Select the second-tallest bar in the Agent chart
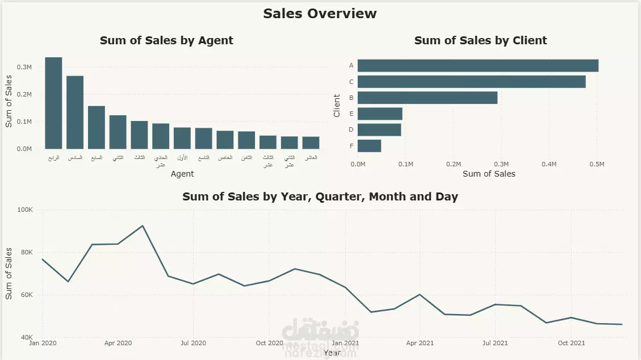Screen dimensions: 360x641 pyautogui.click(x=75, y=112)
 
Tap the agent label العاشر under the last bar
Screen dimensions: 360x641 pyautogui.click(x=311, y=157)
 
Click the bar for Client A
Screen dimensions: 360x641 pyautogui.click(x=478, y=66)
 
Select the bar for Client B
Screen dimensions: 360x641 pyautogui.click(x=428, y=98)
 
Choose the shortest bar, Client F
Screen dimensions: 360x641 pyautogui.click(x=370, y=146)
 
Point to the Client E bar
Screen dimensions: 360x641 pyautogui.click(x=380, y=114)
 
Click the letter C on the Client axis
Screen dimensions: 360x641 pyautogui.click(x=351, y=82)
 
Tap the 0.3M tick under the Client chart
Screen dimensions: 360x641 pyautogui.click(x=501, y=164)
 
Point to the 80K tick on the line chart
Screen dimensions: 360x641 pyautogui.click(x=26, y=253)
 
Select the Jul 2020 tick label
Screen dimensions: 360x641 pyautogui.click(x=193, y=343)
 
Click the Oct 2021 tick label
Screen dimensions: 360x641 pyautogui.click(x=571, y=343)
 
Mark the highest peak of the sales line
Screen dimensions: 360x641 pyautogui.click(x=143, y=226)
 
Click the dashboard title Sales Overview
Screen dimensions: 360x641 pyautogui.click(x=320, y=14)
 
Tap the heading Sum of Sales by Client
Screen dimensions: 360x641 pyautogui.click(x=480, y=41)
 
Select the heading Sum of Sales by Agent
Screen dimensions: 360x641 pyautogui.click(x=166, y=41)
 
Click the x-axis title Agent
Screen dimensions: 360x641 pyautogui.click(x=182, y=174)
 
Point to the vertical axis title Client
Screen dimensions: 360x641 pyautogui.click(x=337, y=106)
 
